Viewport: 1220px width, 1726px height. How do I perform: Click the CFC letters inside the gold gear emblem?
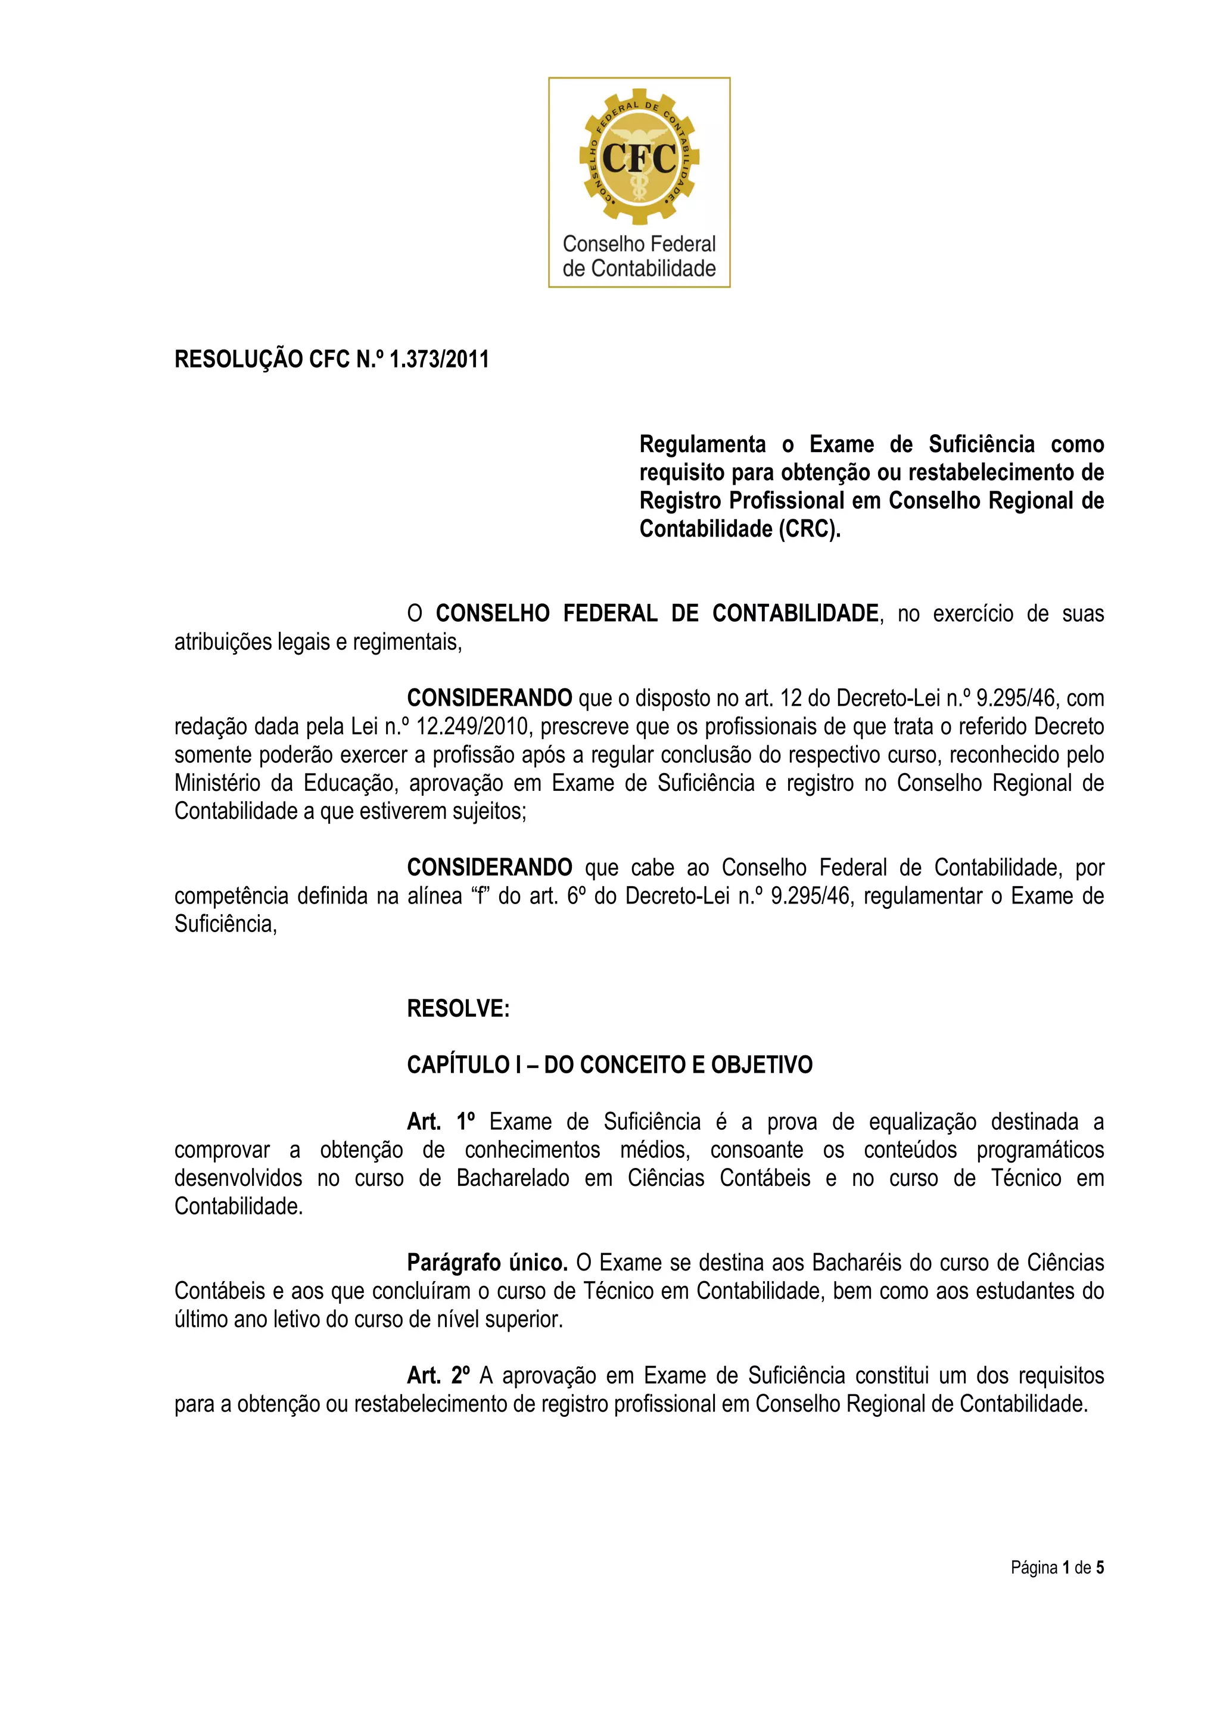click(639, 158)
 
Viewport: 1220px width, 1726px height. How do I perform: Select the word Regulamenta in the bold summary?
click(702, 444)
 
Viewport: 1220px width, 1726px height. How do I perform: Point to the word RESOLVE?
click(457, 1009)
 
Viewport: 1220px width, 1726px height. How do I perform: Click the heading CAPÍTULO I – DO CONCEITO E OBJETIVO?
click(609, 1065)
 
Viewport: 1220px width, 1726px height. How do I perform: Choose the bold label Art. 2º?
click(438, 1376)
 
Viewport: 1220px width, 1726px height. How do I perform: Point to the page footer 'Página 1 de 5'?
click(1057, 1568)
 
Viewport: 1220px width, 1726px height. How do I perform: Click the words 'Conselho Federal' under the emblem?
click(639, 244)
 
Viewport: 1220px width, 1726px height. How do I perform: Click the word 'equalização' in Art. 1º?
click(922, 1121)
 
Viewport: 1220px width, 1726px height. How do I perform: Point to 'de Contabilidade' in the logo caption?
click(639, 269)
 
